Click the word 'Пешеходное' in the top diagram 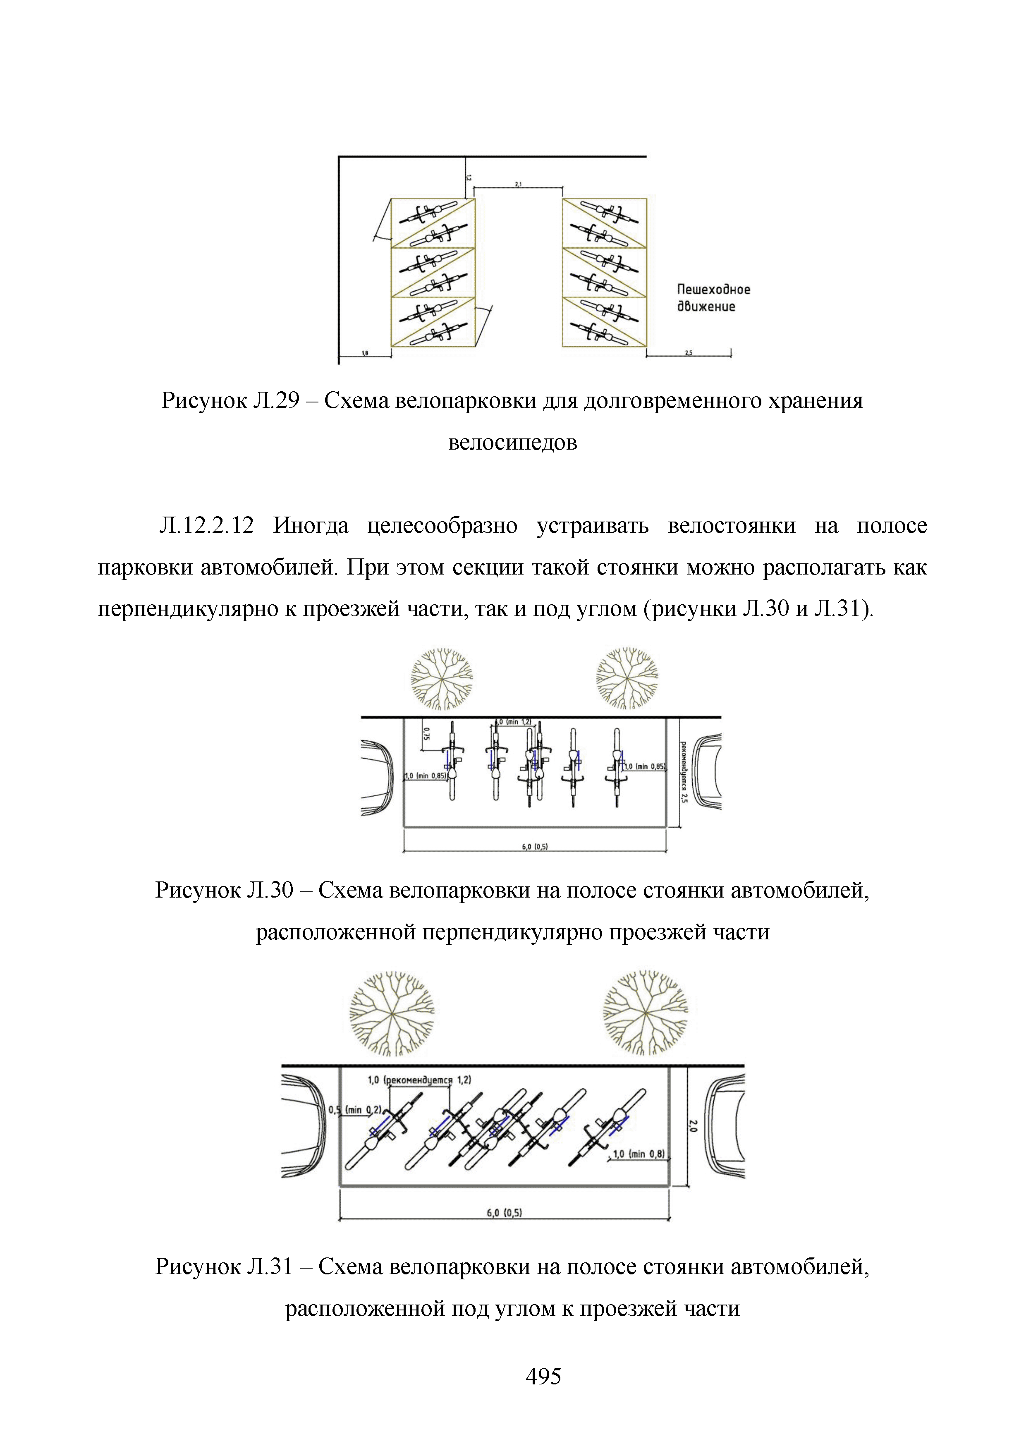(x=713, y=290)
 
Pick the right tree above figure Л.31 (x=645, y=1013)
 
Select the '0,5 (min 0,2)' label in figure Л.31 (x=354, y=1110)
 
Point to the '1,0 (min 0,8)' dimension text (x=638, y=1154)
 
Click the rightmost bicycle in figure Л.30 (x=617, y=768)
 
